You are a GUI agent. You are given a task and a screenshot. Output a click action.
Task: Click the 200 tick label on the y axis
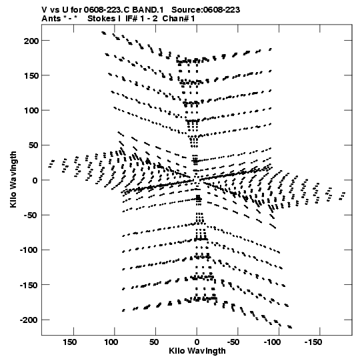[x=31, y=41]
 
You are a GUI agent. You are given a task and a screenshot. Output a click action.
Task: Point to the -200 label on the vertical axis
[x=29, y=320]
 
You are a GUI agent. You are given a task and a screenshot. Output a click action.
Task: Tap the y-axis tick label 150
[x=31, y=76]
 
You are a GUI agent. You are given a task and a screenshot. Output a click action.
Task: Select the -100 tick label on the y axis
[x=29, y=250]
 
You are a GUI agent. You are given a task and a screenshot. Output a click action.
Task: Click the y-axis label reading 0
[x=35, y=180]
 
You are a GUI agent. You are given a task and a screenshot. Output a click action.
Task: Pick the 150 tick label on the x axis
[x=69, y=342]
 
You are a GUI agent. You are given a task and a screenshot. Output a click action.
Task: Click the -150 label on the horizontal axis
[x=313, y=342]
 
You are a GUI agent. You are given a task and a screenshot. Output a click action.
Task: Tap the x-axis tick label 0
[x=197, y=342]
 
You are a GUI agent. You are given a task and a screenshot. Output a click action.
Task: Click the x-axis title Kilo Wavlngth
[x=197, y=351]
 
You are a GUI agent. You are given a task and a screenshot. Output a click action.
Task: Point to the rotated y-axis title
[x=13, y=179]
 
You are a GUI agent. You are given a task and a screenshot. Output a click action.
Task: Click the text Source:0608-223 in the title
[x=205, y=10]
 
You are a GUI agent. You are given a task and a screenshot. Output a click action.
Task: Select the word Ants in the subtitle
[x=51, y=19]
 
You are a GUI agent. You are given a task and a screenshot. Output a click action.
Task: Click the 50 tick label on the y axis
[x=33, y=145]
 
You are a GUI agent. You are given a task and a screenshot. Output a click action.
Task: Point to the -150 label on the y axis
[x=29, y=285]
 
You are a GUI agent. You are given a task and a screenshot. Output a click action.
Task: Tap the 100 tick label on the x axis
[x=111, y=342]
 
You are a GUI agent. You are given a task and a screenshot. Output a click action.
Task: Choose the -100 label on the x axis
[x=273, y=342]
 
